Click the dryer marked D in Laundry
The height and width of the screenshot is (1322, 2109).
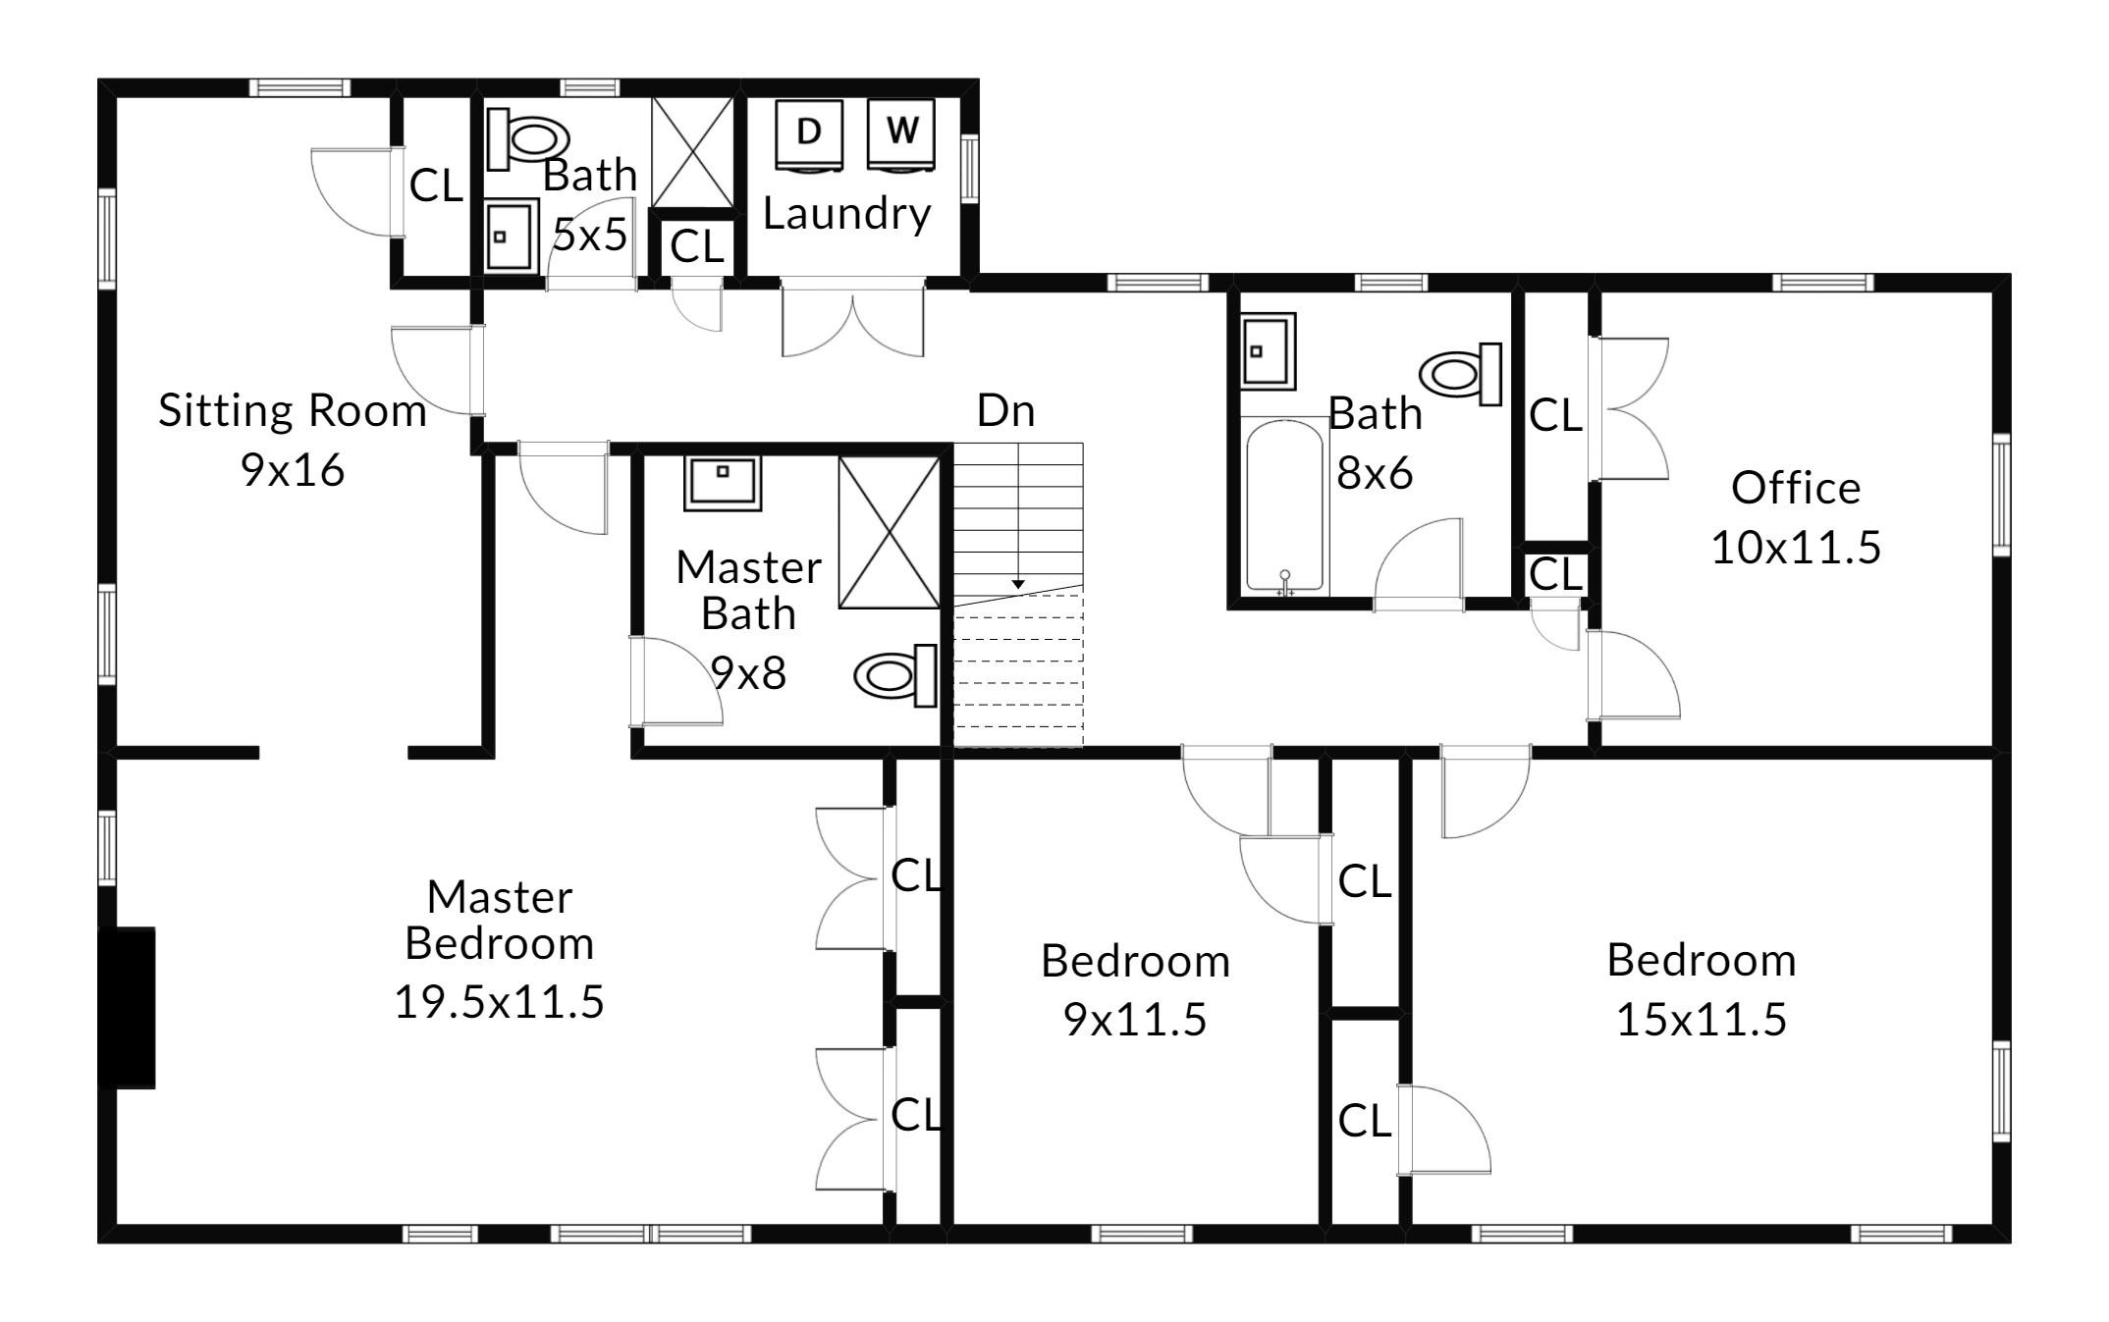809,134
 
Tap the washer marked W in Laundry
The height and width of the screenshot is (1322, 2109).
901,134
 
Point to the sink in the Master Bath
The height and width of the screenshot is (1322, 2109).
723,483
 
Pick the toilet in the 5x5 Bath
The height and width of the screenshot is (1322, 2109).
528,137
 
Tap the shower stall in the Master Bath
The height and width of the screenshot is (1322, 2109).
890,533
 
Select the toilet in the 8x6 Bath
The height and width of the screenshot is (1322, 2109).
1461,374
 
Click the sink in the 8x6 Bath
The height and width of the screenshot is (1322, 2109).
1268,350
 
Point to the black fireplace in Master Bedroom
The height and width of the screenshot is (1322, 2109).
127,1007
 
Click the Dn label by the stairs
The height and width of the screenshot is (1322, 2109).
1005,410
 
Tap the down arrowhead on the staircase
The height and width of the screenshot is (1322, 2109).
1018,584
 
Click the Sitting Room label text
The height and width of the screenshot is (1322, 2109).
293,410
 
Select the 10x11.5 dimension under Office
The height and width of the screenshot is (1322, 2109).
1796,547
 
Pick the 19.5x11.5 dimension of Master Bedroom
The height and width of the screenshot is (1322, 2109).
499,1002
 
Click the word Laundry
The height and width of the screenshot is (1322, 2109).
846,214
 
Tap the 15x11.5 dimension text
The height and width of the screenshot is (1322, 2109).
1701,1020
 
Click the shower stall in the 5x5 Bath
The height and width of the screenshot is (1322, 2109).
692,152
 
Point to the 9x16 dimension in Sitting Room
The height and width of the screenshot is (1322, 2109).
293,470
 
